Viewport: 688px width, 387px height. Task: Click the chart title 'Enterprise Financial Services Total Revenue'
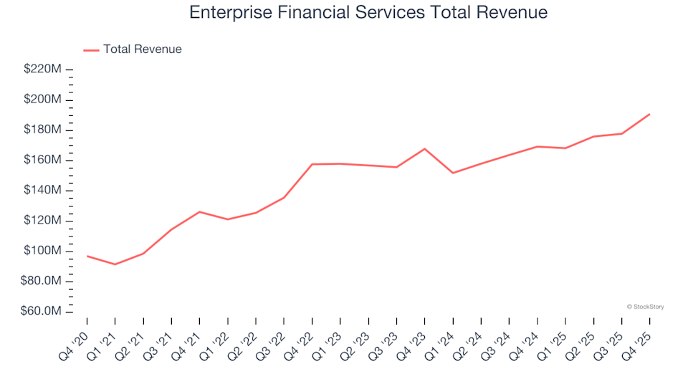pos(368,13)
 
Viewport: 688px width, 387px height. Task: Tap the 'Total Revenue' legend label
pos(142,49)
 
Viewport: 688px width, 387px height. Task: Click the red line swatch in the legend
pos(91,50)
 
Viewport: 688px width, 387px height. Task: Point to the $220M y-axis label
pos(43,70)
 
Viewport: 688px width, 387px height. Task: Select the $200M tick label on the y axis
pos(43,100)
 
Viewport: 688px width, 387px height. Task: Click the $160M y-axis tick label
pos(43,161)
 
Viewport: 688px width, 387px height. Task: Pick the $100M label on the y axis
pos(43,252)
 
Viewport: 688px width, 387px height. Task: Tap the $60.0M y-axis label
pos(43,312)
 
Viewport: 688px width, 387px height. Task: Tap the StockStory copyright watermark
pos(645,307)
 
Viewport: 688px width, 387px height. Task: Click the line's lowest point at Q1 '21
pos(115,264)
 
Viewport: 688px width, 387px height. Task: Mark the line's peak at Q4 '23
pos(425,149)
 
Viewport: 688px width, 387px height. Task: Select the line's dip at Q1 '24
pos(453,173)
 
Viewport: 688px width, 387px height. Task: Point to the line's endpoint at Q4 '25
pos(649,114)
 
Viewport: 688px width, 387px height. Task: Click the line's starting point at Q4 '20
pos(87,256)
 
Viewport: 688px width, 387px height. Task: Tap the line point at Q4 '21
pos(199,211)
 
